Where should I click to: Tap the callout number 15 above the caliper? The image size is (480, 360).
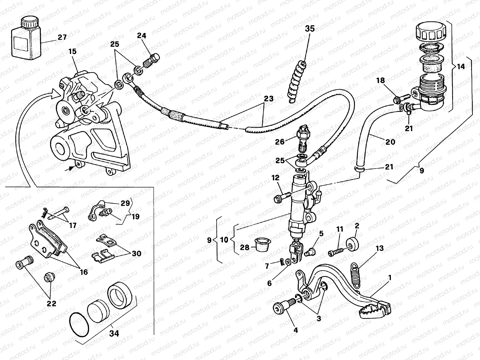click(x=73, y=52)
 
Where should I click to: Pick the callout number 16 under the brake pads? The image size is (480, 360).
click(x=84, y=272)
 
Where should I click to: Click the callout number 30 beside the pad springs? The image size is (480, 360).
click(x=136, y=253)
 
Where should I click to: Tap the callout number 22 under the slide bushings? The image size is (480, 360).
click(x=51, y=304)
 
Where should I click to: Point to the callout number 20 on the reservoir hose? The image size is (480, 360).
click(x=390, y=142)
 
